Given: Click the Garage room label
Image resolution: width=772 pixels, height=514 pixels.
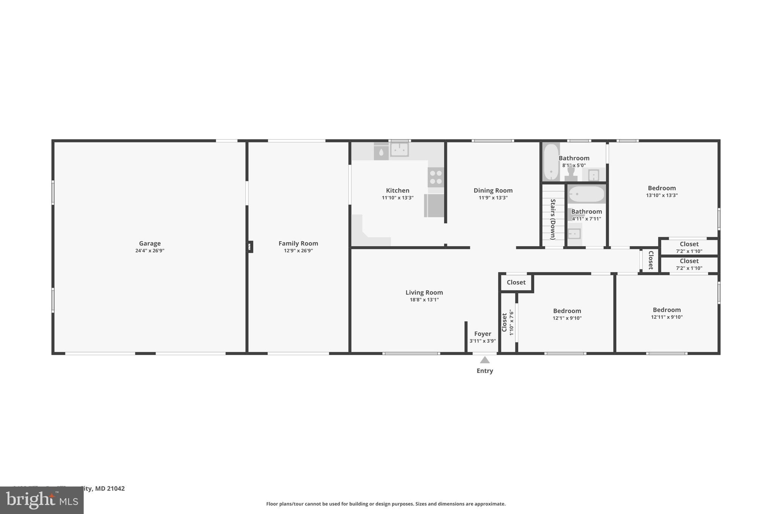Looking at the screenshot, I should coord(150,244).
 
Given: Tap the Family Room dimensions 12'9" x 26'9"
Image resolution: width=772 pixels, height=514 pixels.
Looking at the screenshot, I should coord(298,251).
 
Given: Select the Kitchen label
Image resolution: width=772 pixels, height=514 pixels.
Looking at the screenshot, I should coord(397,191).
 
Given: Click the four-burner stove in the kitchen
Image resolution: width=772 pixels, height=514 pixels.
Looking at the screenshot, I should coord(436,177).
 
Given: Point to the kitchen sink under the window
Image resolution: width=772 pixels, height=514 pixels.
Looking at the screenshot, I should coord(399,150).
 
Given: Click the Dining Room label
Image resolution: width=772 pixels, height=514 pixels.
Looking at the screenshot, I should coord(493,191).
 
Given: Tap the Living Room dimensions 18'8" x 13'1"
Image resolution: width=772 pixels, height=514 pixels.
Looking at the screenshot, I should coord(424,300).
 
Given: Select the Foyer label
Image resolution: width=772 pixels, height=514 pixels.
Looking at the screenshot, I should coord(482,334).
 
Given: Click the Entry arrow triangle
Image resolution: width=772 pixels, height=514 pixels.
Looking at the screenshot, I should coord(485,360).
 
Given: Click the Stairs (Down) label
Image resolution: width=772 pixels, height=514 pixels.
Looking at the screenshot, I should coord(553,219).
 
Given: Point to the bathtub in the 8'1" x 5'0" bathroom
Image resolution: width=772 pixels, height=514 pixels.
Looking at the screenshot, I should coord(551,162).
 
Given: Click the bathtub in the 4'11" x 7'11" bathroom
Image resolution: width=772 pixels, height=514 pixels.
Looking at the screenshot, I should coord(586,194).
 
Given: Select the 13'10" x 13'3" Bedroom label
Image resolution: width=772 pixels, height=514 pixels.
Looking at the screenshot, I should coord(662,188).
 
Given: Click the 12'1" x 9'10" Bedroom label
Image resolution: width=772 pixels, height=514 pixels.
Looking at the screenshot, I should coord(567,311).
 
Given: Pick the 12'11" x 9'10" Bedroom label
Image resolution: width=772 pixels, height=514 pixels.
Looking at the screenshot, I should coord(666,310).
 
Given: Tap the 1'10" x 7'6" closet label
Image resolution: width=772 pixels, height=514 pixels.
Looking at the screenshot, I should coord(504,323).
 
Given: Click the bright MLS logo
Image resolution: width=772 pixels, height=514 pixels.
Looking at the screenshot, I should coord(41,500).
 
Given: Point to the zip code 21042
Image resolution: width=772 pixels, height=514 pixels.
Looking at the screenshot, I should coord(115,488).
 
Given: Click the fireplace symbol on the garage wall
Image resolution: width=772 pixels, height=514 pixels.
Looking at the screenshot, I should coord(250,247).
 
